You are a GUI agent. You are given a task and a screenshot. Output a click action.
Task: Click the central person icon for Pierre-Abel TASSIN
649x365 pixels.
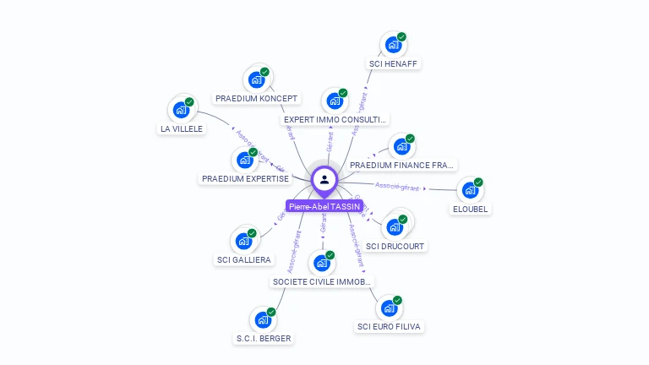click(x=324, y=179)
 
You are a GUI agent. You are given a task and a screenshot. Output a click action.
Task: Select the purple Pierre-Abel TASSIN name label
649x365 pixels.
click(x=324, y=206)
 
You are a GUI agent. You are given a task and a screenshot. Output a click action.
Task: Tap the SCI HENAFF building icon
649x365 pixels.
click(x=393, y=45)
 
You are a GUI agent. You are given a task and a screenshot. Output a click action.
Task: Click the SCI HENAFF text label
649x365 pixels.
click(x=394, y=63)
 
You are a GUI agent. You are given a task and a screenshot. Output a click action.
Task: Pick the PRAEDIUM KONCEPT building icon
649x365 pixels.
click(x=256, y=79)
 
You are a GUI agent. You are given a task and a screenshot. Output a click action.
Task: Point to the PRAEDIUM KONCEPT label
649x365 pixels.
click(x=256, y=98)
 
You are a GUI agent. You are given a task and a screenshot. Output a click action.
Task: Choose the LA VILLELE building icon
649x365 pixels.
click(x=181, y=110)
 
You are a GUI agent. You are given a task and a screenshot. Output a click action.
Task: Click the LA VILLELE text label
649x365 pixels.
click(x=182, y=128)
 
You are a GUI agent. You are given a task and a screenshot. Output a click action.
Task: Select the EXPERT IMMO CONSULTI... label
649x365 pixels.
click(x=335, y=120)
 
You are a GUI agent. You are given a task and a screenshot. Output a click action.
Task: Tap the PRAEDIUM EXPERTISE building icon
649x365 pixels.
click(x=244, y=160)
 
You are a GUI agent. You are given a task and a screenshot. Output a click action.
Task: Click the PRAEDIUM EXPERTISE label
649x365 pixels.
click(x=245, y=178)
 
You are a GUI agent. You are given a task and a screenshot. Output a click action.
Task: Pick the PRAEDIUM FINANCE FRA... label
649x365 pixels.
click(x=401, y=165)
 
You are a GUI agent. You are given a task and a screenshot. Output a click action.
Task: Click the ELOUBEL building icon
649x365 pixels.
click(x=470, y=190)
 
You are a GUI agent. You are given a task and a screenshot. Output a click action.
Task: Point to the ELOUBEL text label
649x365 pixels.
click(x=471, y=209)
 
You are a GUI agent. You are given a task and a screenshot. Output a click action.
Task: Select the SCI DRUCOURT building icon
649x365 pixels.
click(x=395, y=226)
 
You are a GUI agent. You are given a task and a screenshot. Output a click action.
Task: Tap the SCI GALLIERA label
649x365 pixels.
click(x=243, y=259)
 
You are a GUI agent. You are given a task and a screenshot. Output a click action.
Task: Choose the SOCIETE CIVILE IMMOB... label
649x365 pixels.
click(x=321, y=281)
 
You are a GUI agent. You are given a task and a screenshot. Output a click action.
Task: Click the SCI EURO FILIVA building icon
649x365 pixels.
click(x=389, y=308)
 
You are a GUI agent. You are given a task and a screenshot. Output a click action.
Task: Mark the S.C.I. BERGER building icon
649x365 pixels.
click(x=263, y=320)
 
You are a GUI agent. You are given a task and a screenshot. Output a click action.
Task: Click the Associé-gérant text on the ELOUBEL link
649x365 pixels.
click(x=397, y=186)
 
